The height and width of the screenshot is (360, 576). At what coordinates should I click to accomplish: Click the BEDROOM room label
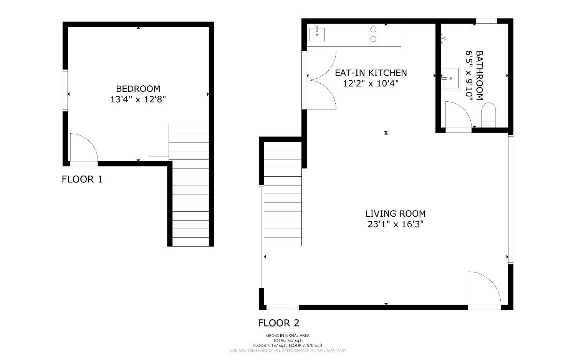(x=138, y=89)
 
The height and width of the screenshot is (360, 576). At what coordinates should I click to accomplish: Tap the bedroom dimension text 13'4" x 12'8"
(x=138, y=100)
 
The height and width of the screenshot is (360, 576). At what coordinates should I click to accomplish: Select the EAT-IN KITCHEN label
(x=371, y=73)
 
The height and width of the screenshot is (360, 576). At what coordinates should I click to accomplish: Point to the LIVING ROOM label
(x=395, y=214)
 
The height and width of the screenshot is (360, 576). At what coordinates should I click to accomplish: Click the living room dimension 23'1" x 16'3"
(x=395, y=224)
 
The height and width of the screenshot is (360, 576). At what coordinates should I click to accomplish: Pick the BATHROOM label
(x=479, y=75)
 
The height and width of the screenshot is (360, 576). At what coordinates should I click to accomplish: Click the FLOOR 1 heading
(x=82, y=179)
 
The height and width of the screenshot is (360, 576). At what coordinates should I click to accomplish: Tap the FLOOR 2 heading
(x=278, y=323)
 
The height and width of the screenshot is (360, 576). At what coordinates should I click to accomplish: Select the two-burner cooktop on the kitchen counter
(x=372, y=34)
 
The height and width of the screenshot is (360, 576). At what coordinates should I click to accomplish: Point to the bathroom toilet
(x=489, y=114)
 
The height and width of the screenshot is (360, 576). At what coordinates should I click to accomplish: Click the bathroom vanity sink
(x=450, y=78)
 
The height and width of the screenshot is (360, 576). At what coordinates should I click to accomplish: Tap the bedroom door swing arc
(x=84, y=148)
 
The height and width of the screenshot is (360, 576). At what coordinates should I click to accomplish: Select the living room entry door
(x=484, y=290)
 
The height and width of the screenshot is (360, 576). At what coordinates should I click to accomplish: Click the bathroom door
(x=458, y=115)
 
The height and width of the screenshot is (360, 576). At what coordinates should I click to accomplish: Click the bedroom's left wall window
(x=66, y=90)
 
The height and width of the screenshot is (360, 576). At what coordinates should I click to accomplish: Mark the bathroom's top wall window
(x=487, y=21)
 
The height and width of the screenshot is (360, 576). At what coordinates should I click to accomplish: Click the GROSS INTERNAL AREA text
(x=288, y=335)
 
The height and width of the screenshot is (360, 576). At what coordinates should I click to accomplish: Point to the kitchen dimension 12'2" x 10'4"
(x=371, y=83)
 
